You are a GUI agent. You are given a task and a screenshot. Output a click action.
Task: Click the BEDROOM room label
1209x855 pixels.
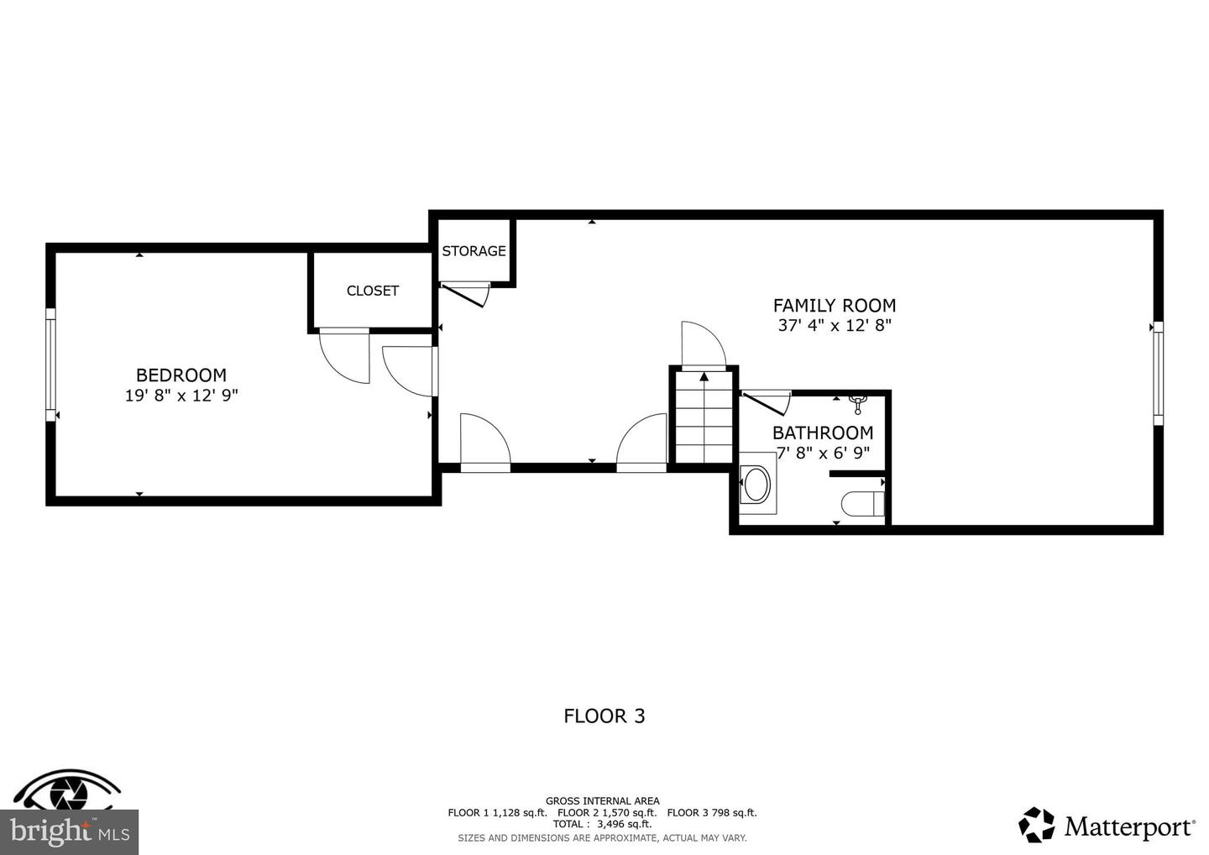(181, 375)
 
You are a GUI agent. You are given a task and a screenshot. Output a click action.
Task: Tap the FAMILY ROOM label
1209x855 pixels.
(835, 306)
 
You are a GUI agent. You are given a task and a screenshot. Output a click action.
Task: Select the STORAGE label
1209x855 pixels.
(474, 251)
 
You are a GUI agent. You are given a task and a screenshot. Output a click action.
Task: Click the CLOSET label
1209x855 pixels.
(373, 291)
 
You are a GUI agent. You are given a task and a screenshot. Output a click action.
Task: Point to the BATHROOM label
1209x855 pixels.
(823, 433)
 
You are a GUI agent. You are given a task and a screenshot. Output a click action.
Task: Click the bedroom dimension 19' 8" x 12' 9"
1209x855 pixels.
(181, 396)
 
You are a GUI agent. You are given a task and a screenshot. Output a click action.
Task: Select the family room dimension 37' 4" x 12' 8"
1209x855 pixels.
(835, 326)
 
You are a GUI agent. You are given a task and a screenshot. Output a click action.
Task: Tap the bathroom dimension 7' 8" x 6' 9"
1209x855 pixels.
(823, 453)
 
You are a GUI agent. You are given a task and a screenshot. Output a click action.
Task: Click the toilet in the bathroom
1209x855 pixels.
(863, 504)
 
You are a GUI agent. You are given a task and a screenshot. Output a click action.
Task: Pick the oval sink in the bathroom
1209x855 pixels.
(756, 484)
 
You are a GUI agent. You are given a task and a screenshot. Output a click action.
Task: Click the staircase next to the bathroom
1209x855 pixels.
(704, 417)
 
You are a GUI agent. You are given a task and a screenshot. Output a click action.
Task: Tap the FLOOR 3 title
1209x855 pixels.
(604, 716)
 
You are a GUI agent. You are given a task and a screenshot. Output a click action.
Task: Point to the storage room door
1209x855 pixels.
(465, 295)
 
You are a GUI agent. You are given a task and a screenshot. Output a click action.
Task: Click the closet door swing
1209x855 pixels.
(344, 356)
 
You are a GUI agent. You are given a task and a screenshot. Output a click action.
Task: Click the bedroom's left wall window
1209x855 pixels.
(50, 365)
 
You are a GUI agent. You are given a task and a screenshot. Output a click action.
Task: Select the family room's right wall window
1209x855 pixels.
(1159, 374)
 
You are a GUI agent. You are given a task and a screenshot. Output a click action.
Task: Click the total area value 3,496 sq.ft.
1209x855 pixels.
(624, 824)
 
